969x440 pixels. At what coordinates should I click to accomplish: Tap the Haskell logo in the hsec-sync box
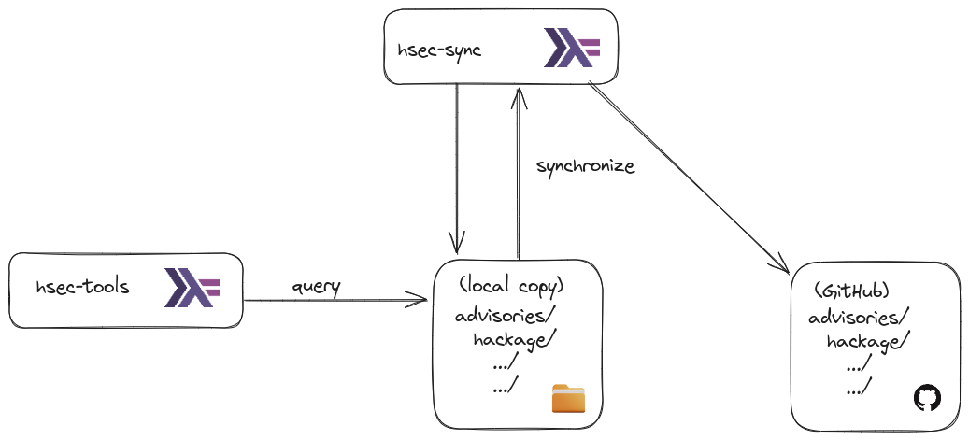coord(572,48)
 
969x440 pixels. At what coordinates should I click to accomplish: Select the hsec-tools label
coord(82,287)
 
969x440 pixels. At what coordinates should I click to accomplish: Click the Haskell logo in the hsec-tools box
coord(192,288)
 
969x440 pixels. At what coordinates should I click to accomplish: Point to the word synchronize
coord(585,166)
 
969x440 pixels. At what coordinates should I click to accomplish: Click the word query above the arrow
coord(316,285)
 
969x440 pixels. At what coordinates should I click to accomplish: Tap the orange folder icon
coord(568,398)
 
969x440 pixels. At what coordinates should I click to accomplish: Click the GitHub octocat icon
coord(926,398)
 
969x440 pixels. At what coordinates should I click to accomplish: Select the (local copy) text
coord(512,286)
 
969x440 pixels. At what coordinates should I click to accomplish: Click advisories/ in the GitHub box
coord(859,318)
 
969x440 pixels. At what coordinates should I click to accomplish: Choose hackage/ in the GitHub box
coord(864,342)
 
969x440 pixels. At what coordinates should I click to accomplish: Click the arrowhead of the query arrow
coord(420,301)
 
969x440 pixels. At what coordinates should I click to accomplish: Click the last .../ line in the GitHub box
coord(859,389)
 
